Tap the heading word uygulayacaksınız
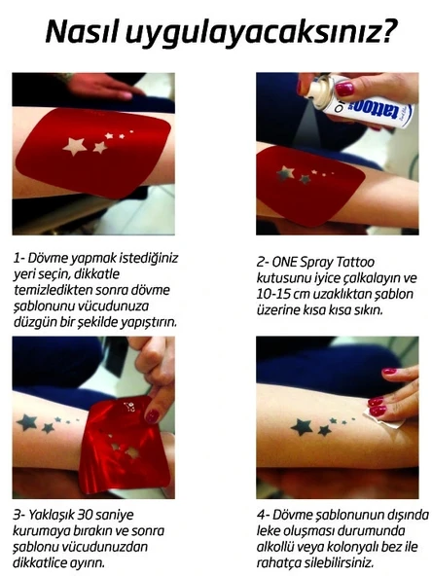point(260,31)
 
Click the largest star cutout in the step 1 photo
point(74,146)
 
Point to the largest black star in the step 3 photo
point(26,422)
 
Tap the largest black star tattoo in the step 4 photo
point(303,426)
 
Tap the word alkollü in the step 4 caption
point(279,547)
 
